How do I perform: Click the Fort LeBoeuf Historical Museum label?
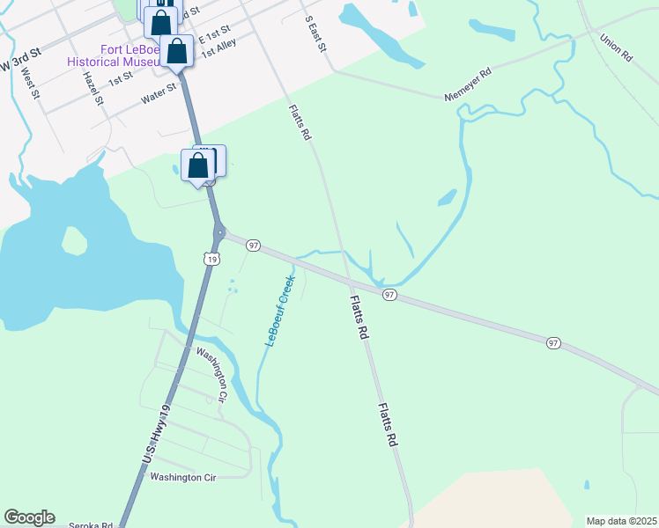tap(115, 56)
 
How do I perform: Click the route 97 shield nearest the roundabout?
tap(253, 246)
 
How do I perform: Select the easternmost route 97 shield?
tap(552, 342)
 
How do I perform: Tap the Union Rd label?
tap(616, 48)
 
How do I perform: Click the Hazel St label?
tap(93, 88)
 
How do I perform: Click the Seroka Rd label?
tap(92, 525)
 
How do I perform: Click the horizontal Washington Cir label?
tap(182, 478)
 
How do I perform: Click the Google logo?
tap(29, 517)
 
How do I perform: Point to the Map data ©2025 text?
tap(622, 521)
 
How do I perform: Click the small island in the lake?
tap(75, 238)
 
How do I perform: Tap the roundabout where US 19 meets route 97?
tap(218, 234)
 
